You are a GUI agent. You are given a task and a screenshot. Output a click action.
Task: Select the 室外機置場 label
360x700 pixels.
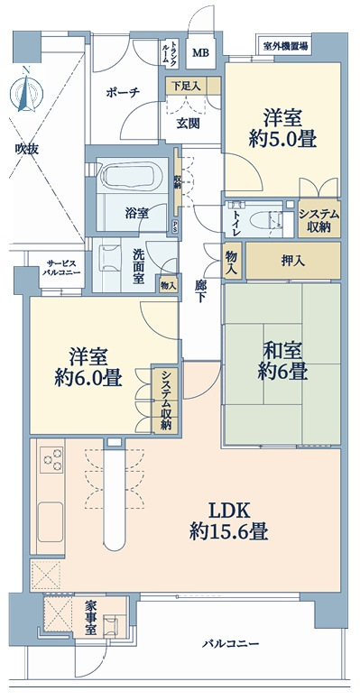[285, 46]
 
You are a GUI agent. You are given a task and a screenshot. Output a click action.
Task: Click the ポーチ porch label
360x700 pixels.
[124, 93]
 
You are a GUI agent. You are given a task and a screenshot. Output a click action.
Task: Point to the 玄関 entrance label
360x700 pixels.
[188, 124]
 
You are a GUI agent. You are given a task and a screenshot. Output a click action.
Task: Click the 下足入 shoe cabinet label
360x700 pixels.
[186, 87]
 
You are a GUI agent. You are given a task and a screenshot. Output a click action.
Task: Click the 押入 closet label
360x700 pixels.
[293, 261]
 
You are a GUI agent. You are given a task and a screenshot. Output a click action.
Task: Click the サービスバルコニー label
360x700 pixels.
[62, 267]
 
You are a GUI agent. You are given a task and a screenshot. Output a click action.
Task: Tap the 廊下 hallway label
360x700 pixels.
[199, 291]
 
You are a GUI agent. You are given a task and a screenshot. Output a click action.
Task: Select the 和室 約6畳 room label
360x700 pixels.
[282, 361]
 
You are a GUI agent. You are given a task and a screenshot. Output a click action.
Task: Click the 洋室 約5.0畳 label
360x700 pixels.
[282, 129]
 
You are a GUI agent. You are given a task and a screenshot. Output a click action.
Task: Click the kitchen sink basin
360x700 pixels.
[50, 521]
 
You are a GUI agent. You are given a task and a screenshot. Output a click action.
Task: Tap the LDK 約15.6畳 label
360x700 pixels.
[228, 521]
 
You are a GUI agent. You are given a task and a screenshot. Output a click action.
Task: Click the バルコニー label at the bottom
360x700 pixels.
[230, 643]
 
